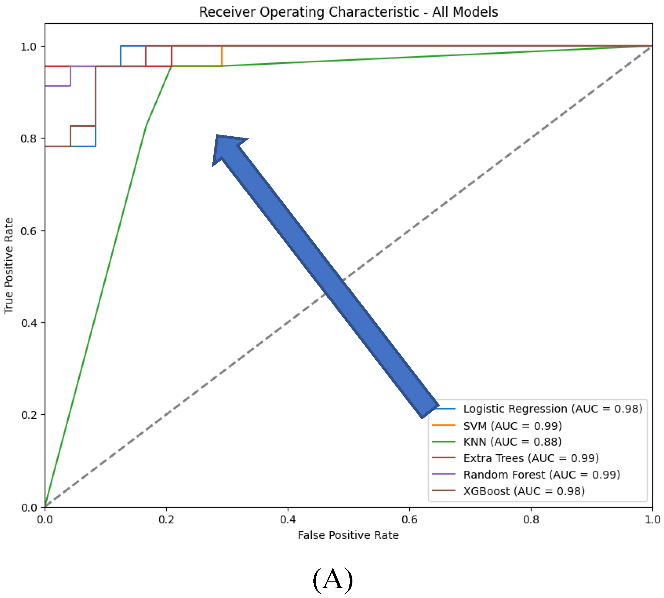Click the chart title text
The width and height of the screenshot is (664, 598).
348,12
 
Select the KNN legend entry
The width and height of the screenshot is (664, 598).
512,442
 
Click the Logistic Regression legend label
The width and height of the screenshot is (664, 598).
552,409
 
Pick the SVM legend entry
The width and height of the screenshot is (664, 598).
512,426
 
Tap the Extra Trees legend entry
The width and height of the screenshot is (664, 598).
531,458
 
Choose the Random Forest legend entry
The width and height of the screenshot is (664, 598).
541,475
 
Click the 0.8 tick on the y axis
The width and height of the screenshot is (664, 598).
29,138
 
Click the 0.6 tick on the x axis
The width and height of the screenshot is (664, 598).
409,520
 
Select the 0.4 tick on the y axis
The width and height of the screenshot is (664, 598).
29,323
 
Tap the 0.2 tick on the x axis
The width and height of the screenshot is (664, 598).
167,520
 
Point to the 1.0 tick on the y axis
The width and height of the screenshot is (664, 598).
29,46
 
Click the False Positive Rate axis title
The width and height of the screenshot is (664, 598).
348,535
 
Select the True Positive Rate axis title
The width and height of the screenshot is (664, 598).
9,265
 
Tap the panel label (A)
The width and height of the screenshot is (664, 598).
332,580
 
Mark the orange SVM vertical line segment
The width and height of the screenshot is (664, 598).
222,56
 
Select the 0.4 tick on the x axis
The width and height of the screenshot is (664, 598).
288,520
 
